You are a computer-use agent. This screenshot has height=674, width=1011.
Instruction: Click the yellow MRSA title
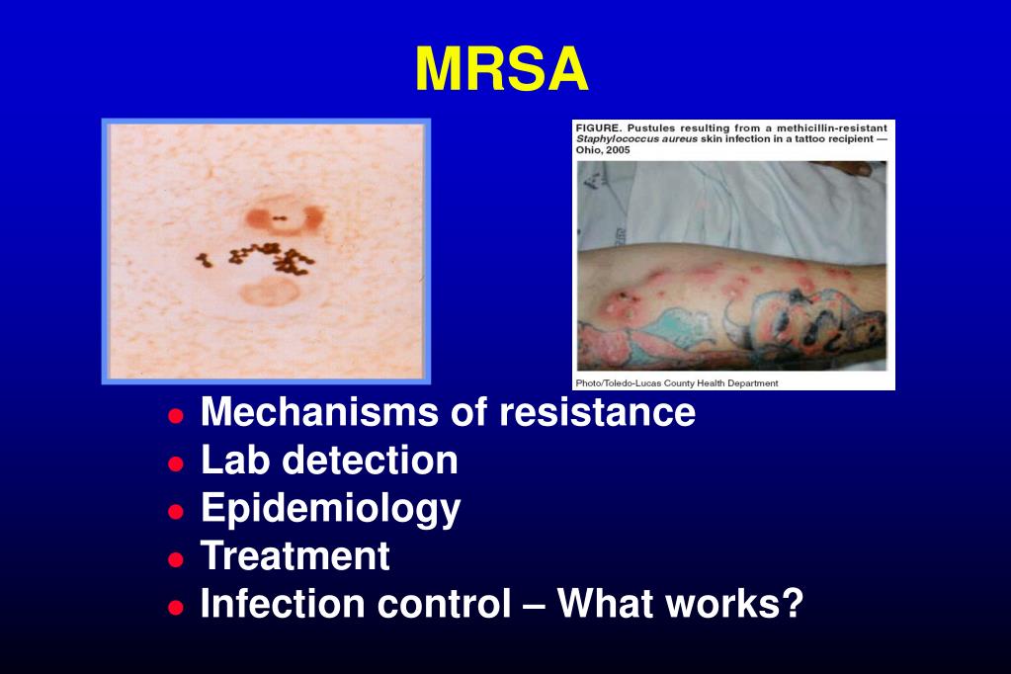[x=501, y=70]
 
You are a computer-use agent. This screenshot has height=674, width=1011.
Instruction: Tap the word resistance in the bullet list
[x=597, y=412]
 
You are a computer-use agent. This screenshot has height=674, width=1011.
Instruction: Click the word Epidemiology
[x=330, y=509]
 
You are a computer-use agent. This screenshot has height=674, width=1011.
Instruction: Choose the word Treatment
[x=295, y=556]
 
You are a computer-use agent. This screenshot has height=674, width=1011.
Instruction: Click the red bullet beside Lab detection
[x=176, y=463]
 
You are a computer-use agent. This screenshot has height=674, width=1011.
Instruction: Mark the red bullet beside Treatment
[x=176, y=558]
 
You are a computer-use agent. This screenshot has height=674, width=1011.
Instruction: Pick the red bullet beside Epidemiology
[x=176, y=511]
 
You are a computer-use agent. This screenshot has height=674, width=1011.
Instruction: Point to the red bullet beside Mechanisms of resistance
[x=176, y=415]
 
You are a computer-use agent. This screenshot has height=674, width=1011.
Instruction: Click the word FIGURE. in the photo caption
[x=601, y=128]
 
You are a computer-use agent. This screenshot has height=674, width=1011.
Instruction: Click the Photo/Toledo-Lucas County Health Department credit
[x=677, y=382]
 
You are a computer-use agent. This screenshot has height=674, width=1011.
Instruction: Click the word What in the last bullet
[x=603, y=604]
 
